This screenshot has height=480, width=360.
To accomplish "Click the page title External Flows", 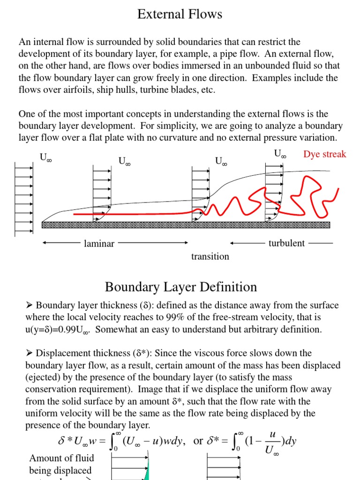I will (x=180, y=15).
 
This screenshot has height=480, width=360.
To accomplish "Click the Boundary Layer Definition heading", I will (x=180, y=287).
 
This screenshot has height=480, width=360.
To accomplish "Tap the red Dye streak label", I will (x=324, y=154).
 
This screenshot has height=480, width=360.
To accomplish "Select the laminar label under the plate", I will (x=99, y=243).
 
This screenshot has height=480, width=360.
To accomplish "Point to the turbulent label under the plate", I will (x=286, y=243).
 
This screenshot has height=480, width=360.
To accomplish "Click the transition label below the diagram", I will (x=210, y=256).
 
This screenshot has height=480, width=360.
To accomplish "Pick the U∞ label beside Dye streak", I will (x=280, y=154).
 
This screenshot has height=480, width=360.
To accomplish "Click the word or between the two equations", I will (x=198, y=441).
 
